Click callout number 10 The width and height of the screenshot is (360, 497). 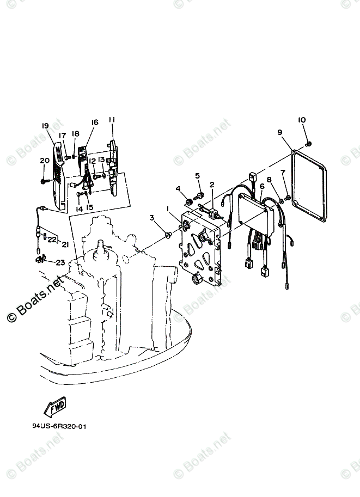click(x=302, y=120)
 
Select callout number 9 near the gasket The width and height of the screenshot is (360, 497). click(x=279, y=132)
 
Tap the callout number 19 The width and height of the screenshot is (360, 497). click(x=45, y=125)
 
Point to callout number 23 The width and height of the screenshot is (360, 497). click(x=59, y=262)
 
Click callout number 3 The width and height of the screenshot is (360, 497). click(x=152, y=218)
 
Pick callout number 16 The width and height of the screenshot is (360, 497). click(x=94, y=123)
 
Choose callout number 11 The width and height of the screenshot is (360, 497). click(x=112, y=120)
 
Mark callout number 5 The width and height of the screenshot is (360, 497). click(x=198, y=175)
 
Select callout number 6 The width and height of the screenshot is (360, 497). click(x=261, y=186)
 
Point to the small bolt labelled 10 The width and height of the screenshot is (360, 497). click(x=309, y=143)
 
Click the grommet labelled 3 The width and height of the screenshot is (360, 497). click(x=168, y=234)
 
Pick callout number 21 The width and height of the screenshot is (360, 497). click(x=65, y=244)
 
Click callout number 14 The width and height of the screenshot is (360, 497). click(x=78, y=209)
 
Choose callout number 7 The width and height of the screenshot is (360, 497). click(x=283, y=173)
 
